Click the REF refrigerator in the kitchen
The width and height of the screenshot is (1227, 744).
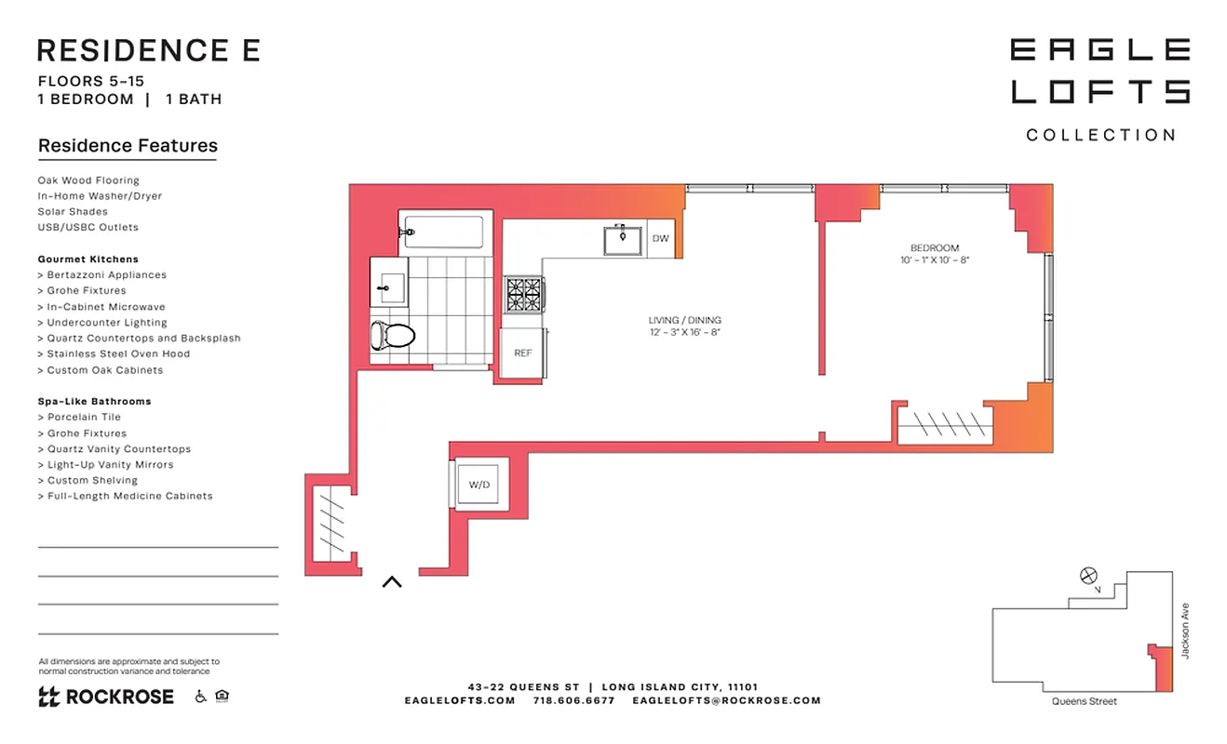[523, 352]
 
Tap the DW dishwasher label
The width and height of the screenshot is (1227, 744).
[660, 239]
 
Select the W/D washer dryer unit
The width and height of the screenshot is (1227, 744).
[479, 485]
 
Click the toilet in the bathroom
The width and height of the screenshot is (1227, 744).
[392, 335]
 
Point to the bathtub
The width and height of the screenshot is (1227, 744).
[442, 232]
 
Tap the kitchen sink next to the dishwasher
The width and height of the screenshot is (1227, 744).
[622, 239]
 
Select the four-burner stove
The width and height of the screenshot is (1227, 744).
[523, 296]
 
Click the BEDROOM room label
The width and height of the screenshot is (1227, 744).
[934, 248]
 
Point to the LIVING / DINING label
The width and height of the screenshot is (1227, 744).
[684, 320]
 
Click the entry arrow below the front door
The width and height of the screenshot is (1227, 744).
[392, 582]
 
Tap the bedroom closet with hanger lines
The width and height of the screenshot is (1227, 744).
[946, 425]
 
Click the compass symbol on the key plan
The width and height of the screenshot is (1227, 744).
[1088, 576]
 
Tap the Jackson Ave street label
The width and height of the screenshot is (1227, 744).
[1185, 631]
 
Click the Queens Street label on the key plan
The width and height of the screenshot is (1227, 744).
[1085, 701]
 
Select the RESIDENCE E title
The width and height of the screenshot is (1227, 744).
[149, 50]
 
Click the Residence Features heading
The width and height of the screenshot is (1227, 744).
[128, 146]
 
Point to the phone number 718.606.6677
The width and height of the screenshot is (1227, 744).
[573, 700]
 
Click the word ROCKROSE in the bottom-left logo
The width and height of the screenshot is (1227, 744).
[118, 697]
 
